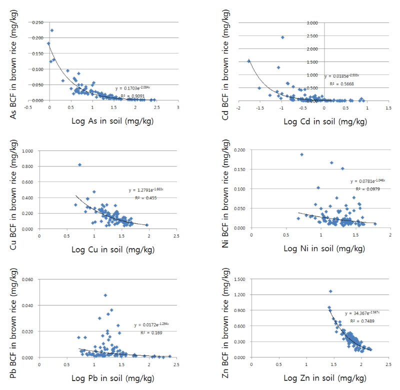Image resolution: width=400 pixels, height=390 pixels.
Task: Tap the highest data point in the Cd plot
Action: [x=282, y=37]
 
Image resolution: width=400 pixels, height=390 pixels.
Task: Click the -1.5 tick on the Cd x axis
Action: [x=260, y=107]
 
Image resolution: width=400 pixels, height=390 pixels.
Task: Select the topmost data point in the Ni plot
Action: [x=302, y=154]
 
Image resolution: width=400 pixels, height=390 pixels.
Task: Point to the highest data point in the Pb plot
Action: [x=105, y=295]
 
